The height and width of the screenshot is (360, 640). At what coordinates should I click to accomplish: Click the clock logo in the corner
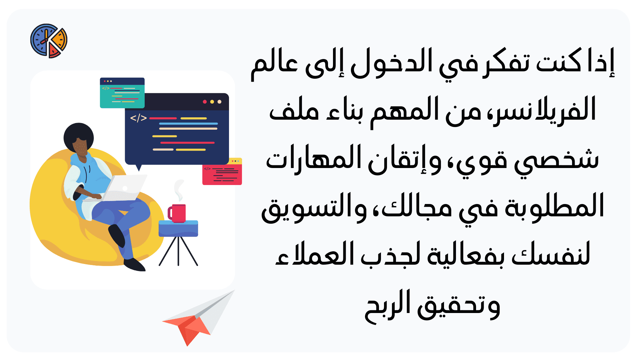coord(49,41)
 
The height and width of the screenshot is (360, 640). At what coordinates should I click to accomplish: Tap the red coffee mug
coord(177,213)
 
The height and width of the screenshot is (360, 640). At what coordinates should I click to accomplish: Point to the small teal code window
coord(122,93)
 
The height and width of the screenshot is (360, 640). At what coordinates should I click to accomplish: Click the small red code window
coord(222,171)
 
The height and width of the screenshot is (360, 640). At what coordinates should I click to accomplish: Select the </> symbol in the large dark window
coord(138,118)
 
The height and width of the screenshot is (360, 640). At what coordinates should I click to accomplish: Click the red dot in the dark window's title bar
coord(205,102)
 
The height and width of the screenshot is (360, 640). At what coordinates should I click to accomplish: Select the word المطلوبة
coord(555,206)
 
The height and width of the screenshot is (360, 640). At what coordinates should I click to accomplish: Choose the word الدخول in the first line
coord(391,63)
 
